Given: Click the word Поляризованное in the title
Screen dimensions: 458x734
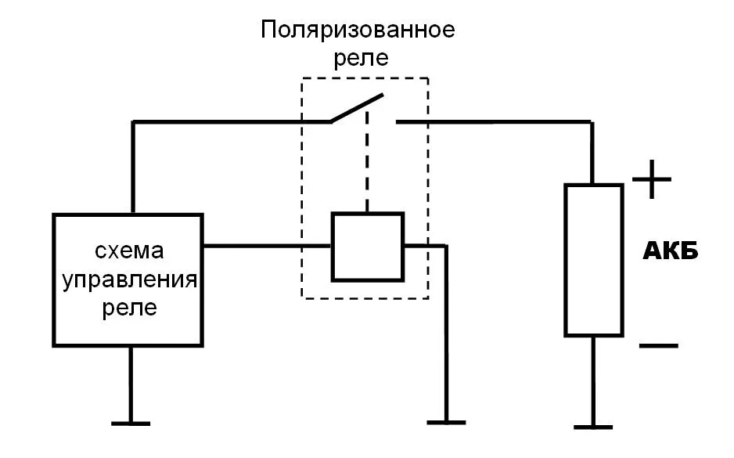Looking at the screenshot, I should point(358,31).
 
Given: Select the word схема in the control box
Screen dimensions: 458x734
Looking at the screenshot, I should point(130,251).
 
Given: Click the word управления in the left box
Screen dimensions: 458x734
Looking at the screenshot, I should point(129,279).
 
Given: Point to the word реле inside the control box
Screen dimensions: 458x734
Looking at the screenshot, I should point(130,308).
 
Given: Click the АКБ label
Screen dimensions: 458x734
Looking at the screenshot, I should point(670,252).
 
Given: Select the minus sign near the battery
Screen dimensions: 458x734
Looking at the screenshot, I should point(657,345).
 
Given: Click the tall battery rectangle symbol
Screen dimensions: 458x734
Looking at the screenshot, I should point(594,260).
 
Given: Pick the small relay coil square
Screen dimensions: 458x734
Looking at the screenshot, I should point(367,246).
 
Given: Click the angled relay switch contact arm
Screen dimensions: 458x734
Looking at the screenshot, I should point(357,109).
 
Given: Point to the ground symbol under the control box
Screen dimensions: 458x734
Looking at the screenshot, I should point(130,424).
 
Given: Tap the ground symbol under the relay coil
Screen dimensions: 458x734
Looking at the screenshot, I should point(447,423).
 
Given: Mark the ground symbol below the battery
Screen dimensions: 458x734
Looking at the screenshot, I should point(594,427).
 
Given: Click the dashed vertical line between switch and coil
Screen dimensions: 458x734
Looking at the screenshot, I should point(365,168).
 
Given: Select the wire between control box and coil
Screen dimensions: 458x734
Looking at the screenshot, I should point(266,246).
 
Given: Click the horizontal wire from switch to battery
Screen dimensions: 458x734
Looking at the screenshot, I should point(493,121).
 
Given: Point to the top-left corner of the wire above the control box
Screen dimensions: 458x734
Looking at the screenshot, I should point(134,122).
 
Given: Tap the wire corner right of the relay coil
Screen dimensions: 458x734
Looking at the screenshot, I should point(447,246).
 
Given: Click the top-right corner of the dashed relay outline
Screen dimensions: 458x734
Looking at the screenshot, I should point(428,78).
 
